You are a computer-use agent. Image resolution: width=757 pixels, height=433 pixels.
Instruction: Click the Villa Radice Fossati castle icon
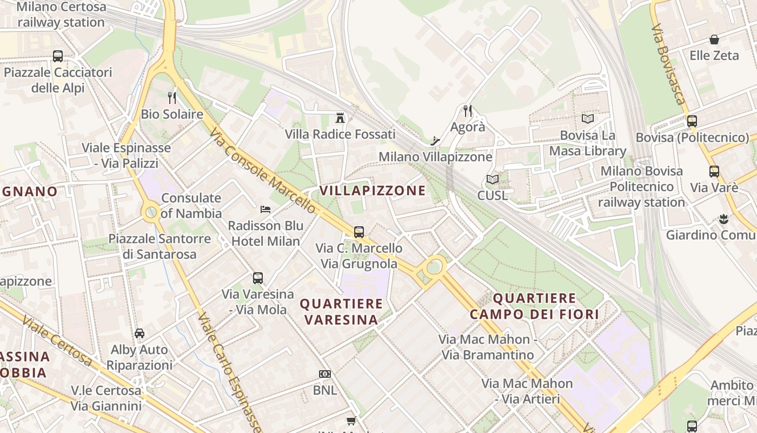click(x=340, y=117)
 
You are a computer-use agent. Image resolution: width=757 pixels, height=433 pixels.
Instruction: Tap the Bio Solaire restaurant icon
click(x=172, y=98)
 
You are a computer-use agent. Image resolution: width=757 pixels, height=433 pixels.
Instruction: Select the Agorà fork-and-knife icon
click(x=468, y=111)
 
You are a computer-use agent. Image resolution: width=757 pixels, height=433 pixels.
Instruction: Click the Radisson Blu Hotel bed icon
click(x=265, y=209)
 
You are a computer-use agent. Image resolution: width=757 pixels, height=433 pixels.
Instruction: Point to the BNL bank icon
click(x=324, y=374)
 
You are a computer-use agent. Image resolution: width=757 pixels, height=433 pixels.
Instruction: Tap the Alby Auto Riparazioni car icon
click(x=140, y=333)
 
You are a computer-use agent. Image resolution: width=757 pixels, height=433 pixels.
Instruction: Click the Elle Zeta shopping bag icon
click(x=714, y=40)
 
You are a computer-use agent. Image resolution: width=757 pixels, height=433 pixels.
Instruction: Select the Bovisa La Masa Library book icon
click(x=587, y=119)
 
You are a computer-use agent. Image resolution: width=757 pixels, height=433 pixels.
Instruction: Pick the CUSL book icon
click(x=492, y=179)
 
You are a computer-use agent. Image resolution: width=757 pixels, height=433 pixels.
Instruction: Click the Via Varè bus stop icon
click(x=714, y=172)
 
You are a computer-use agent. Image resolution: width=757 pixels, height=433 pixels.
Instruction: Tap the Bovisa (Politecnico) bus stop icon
click(x=692, y=121)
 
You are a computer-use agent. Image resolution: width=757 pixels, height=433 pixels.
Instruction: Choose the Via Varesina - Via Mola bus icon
click(x=257, y=278)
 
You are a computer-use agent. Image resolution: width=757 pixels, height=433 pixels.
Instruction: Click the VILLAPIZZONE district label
click(x=373, y=191)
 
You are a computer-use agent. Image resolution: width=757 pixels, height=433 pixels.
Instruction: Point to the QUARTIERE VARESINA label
click(x=341, y=312)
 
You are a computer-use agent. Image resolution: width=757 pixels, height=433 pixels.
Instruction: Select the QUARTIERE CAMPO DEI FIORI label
click(x=534, y=306)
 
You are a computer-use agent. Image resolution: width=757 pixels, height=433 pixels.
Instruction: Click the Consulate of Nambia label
click(x=191, y=206)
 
